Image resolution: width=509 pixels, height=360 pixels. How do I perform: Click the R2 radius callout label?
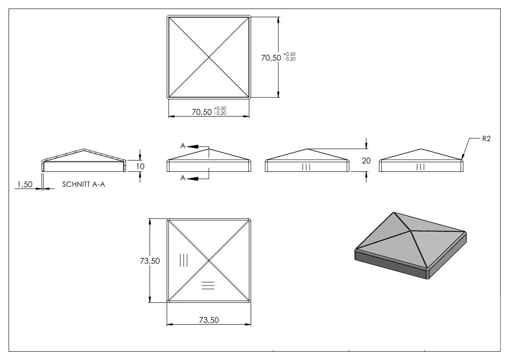click(486, 139)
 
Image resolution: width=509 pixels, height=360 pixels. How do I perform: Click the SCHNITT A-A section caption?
click(83, 185)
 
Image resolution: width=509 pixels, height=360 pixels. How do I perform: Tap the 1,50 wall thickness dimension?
click(25, 185)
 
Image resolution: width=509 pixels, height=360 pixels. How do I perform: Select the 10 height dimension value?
click(140, 166)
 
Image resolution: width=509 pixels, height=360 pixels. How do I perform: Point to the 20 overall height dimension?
click(366, 161)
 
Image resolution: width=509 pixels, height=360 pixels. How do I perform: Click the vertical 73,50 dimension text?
click(150, 261)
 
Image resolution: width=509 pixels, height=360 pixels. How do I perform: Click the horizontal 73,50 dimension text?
click(209, 320)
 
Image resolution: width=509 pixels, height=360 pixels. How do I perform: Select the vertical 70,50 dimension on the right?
click(271, 58)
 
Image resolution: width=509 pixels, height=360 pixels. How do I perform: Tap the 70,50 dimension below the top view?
click(202, 112)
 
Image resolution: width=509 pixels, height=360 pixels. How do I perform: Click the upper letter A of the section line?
click(183, 146)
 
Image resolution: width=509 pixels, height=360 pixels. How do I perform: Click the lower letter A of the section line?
click(183, 178)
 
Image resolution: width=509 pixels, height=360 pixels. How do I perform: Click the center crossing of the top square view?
click(208, 58)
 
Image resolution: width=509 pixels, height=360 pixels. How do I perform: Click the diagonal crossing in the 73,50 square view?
click(209, 261)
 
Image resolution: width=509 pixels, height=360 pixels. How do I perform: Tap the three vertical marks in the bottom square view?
click(184, 260)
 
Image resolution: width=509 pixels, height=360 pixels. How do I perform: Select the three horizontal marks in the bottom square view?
click(208, 285)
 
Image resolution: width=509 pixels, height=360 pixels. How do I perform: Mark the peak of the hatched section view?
click(84, 150)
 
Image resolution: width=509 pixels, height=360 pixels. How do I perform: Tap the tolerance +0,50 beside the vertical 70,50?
click(289, 54)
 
